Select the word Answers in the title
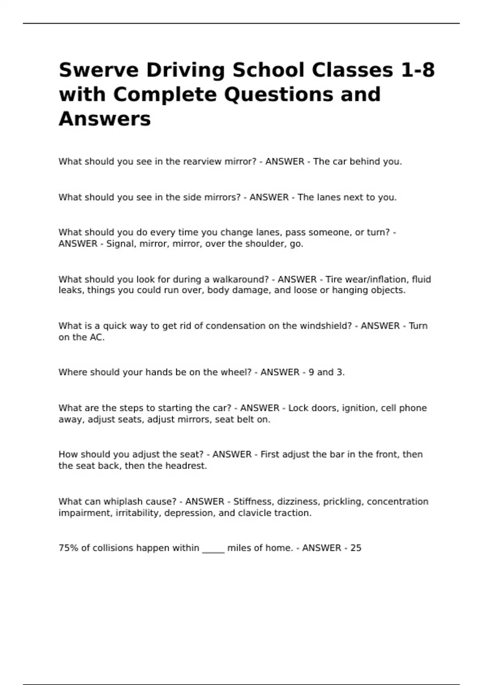[105, 119]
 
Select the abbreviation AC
[96, 337]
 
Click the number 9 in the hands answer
[311, 372]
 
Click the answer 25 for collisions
[356, 548]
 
